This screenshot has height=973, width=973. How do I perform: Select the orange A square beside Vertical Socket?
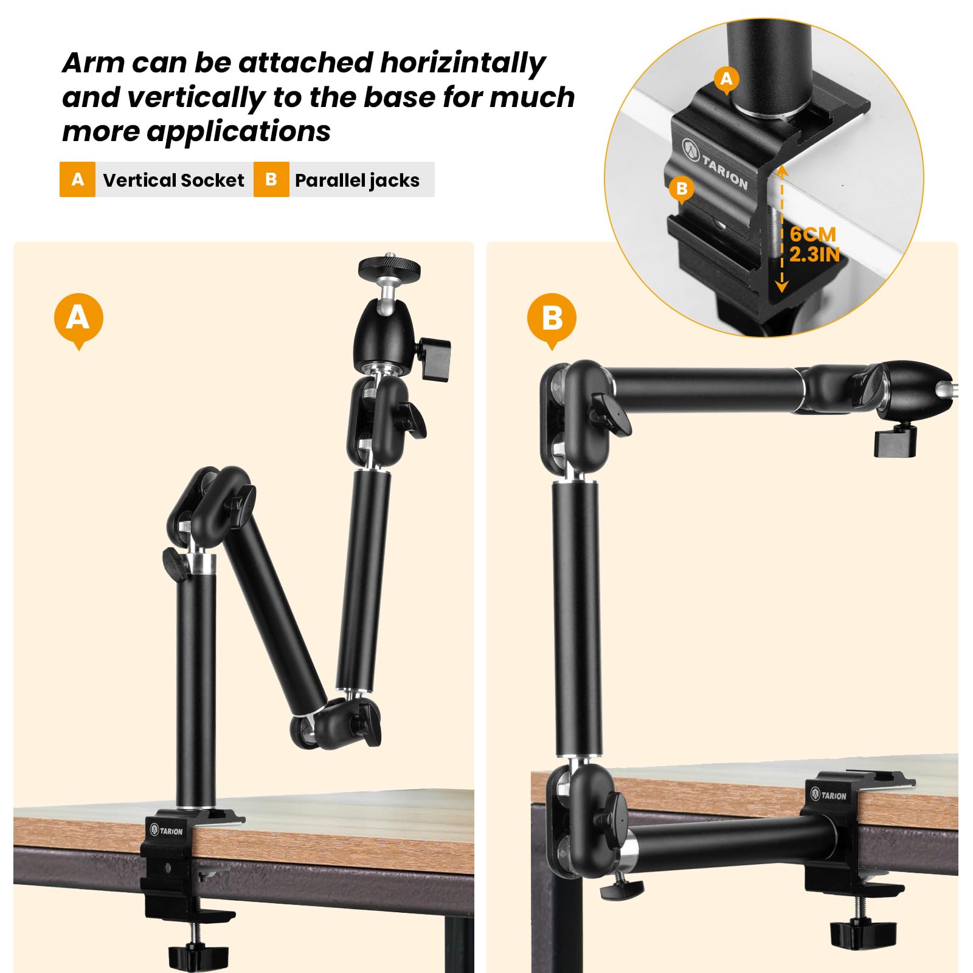[77, 179]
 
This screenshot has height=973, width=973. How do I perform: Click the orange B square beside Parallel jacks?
[271, 179]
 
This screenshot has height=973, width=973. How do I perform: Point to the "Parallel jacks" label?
[357, 181]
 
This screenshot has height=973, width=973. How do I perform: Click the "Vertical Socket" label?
[173, 181]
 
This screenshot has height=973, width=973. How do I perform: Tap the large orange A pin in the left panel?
[78, 318]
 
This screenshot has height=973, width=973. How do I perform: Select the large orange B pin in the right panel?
[552, 318]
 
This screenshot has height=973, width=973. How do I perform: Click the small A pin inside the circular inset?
[726, 79]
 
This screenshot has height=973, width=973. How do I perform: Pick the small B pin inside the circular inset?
[682, 189]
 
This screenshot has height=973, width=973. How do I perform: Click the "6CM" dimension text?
[812, 234]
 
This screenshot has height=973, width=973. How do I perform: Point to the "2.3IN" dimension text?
[814, 254]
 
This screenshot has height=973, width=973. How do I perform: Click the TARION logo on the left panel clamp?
[166, 830]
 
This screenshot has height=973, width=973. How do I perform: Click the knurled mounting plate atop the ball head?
[389, 266]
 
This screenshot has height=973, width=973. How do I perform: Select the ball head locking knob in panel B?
[895, 441]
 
